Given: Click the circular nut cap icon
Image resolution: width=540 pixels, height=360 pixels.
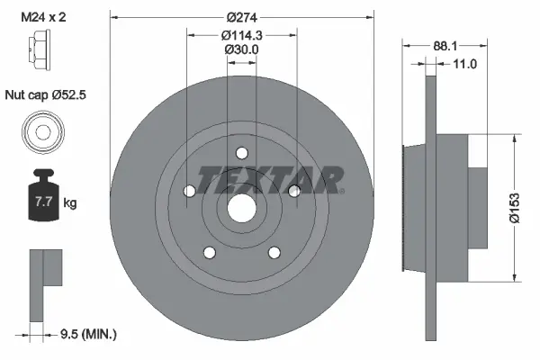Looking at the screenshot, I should tap(42, 132).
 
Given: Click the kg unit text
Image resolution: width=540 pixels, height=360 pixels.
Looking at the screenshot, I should tap(69, 203).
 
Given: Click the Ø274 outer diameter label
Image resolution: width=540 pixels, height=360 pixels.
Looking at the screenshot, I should tap(240, 18).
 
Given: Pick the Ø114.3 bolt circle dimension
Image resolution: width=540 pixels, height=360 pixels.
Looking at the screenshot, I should tap(241, 36).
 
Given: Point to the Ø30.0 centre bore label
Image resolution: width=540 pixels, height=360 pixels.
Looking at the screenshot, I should tap(241, 50).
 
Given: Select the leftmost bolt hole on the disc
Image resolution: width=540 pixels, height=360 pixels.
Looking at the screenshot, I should tap(188, 192).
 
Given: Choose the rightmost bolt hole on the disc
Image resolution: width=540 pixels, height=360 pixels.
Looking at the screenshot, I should tap(292, 189).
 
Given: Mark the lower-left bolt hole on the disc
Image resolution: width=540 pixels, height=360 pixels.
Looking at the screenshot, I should tap(209, 252).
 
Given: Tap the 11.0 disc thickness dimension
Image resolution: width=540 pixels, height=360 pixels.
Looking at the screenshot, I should tap(464, 65).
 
